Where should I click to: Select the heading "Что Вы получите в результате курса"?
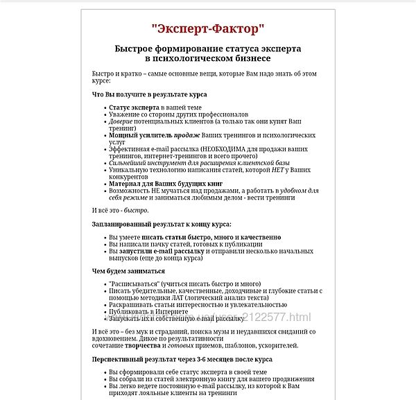click(149, 94)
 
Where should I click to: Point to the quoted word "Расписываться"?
click(132, 284)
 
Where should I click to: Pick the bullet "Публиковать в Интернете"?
click(148, 311)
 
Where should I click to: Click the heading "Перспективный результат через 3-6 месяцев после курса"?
click(182, 359)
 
